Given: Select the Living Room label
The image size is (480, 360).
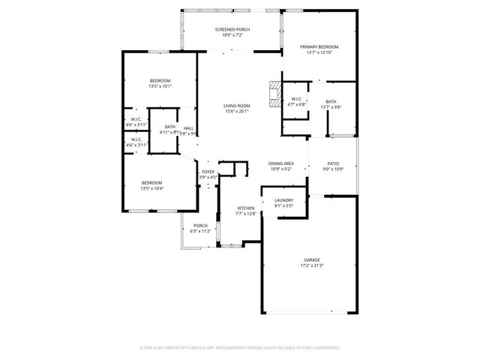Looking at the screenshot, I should click(x=236, y=106).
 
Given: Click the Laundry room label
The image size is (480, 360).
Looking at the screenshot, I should click(x=283, y=199).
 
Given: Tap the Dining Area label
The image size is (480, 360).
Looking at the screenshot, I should click(x=281, y=163).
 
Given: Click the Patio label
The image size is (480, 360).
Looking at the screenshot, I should click(x=332, y=163).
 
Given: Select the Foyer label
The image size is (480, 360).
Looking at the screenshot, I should click(x=208, y=172).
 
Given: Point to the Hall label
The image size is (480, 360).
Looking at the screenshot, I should click(x=188, y=127).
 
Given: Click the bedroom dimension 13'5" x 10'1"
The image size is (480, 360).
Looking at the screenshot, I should click(x=160, y=86).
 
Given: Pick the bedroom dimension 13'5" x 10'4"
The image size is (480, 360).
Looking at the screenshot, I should click(x=152, y=188).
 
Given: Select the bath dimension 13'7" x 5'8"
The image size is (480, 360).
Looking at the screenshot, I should click(x=331, y=107).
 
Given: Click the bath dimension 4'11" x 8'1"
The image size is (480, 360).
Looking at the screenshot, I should click(x=169, y=133).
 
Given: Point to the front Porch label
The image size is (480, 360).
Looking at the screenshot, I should click(x=200, y=226).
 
